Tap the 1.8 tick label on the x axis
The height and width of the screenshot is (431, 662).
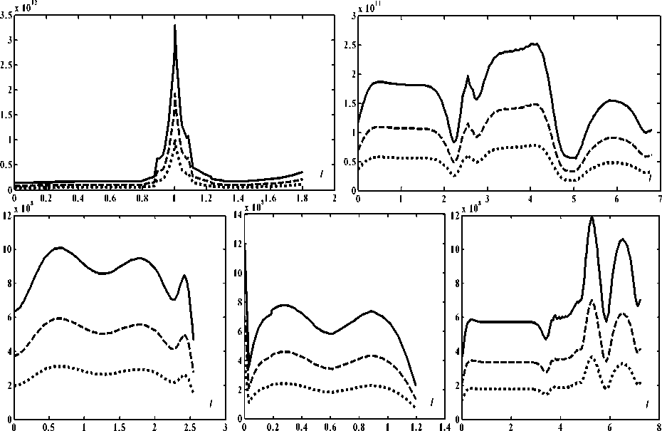302,199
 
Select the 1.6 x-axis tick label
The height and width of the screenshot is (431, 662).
270,199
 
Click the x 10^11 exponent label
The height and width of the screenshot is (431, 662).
370,7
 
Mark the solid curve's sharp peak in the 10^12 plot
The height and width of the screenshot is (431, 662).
174,26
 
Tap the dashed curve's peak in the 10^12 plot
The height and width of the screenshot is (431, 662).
174,91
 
